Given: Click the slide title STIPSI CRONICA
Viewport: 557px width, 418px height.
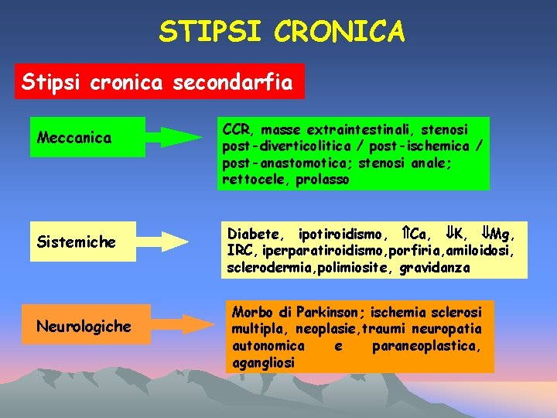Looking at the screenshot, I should click(x=282, y=32).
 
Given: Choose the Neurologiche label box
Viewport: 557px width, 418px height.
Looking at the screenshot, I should click(x=84, y=326).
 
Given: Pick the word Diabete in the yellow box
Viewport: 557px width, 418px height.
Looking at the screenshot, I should click(x=254, y=234).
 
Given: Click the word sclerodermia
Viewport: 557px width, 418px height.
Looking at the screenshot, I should click(x=263, y=268).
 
